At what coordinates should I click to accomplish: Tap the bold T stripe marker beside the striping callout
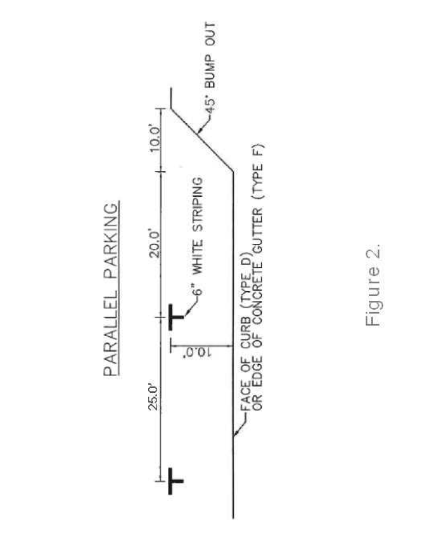175,316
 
